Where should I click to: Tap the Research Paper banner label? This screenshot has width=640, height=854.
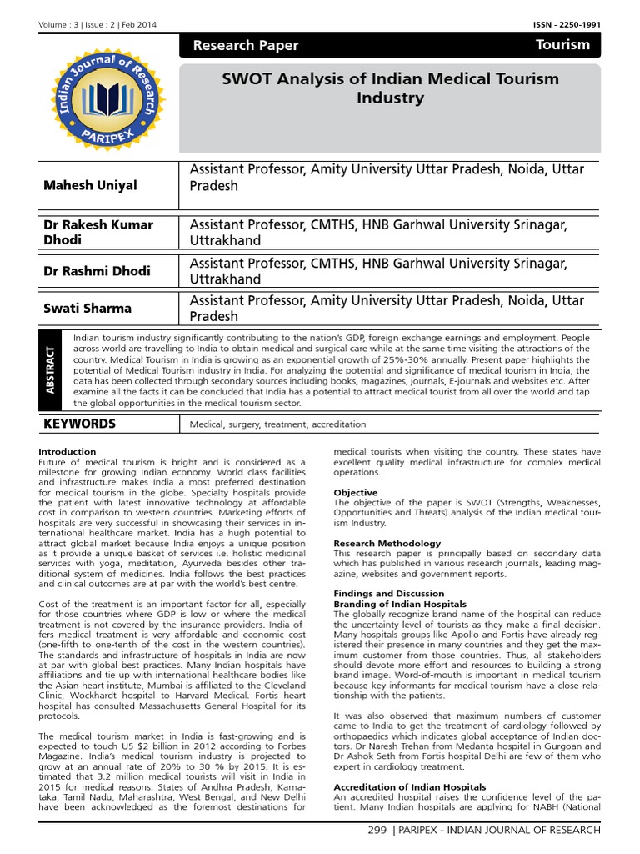click(245, 46)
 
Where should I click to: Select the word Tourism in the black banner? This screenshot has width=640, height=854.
click(563, 45)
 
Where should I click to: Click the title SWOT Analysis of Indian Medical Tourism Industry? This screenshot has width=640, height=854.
click(389, 88)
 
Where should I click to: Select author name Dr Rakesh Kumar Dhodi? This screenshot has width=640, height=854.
click(97, 232)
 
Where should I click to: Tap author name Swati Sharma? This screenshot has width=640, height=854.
click(87, 308)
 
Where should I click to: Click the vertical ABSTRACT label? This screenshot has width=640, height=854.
click(50, 370)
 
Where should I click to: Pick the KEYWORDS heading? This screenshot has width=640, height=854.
click(79, 424)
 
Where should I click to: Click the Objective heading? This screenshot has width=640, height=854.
click(356, 493)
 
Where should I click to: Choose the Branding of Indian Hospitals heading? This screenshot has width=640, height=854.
click(400, 603)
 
